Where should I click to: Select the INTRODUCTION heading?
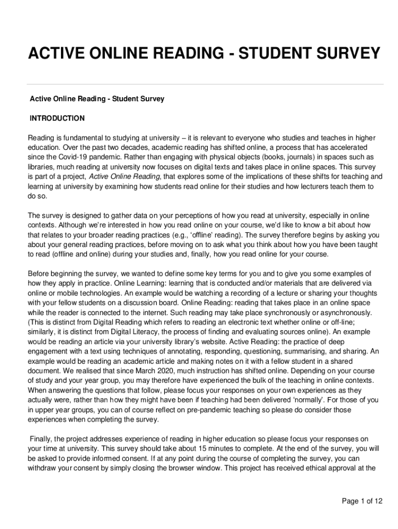[x=57, y=118]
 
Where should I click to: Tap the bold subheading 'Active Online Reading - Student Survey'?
[x=97, y=98]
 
